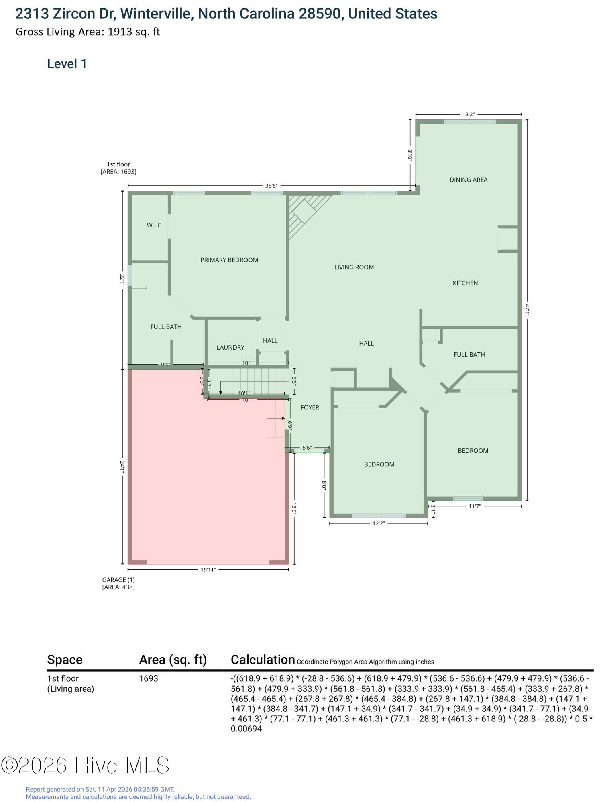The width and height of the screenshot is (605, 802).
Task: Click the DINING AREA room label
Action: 468,180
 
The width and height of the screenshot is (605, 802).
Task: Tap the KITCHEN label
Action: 465,283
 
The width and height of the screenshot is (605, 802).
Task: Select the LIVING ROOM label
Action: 354,267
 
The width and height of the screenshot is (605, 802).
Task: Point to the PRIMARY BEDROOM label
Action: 229,260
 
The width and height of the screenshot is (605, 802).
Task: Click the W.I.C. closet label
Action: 155,225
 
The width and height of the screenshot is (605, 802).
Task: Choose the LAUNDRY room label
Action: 230,347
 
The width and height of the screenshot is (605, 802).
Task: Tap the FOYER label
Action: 310,407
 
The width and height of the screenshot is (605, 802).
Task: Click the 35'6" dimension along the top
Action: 271,186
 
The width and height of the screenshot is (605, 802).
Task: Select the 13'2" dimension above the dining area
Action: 469,114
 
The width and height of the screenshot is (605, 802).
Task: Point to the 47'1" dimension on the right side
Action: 528,310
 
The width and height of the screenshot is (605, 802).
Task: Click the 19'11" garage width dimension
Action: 208,569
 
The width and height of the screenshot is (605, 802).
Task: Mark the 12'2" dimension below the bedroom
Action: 379,523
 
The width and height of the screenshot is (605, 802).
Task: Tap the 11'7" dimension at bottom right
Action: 475,506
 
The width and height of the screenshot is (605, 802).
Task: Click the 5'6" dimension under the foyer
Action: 307,448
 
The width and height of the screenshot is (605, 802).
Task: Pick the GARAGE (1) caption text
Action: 118,580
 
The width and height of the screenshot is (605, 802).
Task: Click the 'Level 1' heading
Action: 67,64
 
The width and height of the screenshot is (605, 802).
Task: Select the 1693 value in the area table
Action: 149,678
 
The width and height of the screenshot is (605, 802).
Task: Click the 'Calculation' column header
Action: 263,660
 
